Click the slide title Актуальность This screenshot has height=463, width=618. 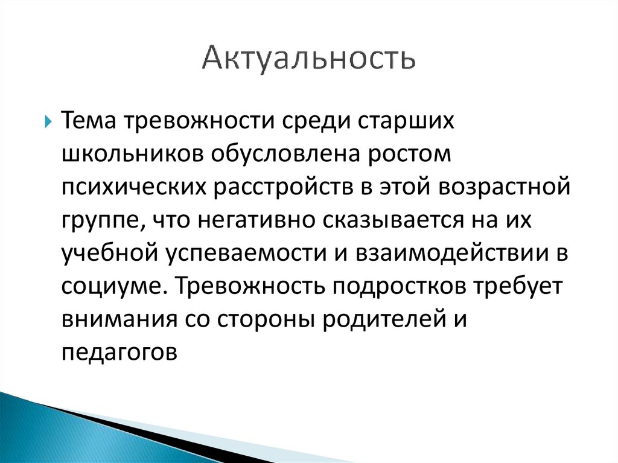click(x=308, y=59)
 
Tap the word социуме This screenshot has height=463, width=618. click(x=112, y=287)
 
